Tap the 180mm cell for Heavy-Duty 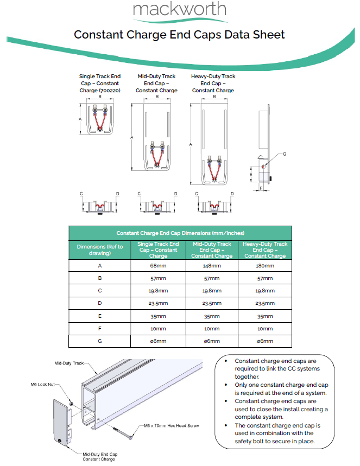265,266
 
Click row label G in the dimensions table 99,341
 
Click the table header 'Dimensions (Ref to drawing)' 99,250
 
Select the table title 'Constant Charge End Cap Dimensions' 180,233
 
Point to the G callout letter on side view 284,155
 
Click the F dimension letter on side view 261,188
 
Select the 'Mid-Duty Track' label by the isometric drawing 69,362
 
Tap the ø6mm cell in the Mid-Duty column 212,341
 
